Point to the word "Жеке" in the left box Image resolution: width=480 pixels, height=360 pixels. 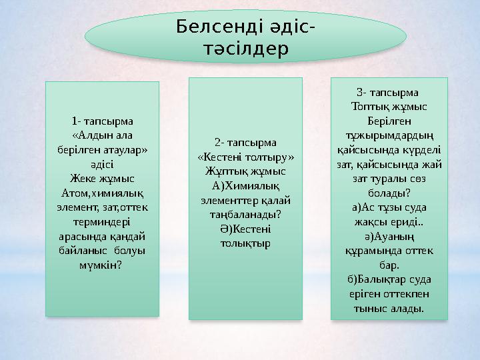[82, 179]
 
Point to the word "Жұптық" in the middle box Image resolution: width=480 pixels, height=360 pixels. [223, 171]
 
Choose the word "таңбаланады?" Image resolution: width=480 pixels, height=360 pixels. [245, 214]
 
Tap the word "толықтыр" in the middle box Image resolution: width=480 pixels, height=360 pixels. [245, 243]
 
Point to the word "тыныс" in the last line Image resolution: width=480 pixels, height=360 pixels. [370, 308]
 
